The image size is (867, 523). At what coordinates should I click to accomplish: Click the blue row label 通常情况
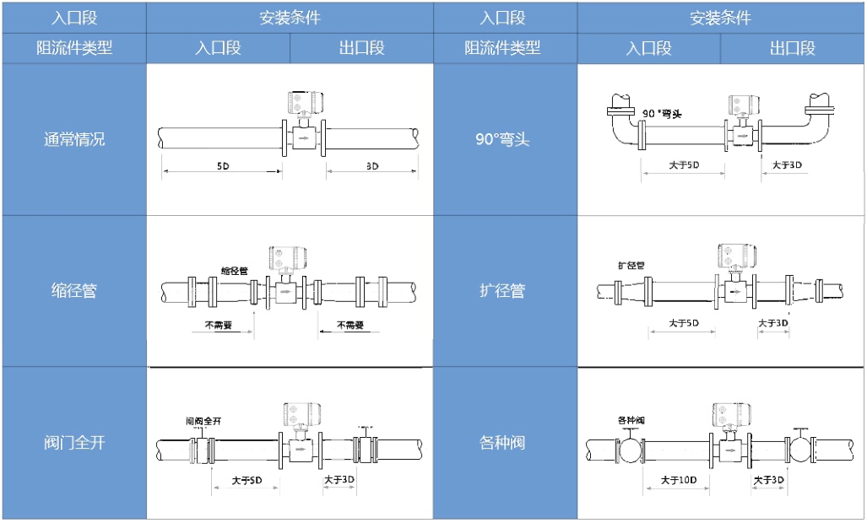pos(74,139)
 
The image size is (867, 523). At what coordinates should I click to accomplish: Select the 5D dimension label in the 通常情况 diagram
pos(222,166)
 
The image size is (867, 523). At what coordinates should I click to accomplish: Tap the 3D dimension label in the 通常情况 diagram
pos(371,166)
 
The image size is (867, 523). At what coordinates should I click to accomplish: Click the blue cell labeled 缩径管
pos(74,291)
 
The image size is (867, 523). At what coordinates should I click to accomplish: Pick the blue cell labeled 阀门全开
pos(74,442)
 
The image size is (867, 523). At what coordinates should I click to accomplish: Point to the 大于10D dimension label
pos(678,480)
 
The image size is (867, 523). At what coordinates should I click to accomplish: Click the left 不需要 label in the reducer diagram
pos(218,325)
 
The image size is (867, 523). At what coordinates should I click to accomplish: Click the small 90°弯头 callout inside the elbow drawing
pos(662,113)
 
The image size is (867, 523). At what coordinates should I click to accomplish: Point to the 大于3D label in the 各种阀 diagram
pos(769,480)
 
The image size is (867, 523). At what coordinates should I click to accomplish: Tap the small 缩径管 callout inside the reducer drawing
pos(234,271)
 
